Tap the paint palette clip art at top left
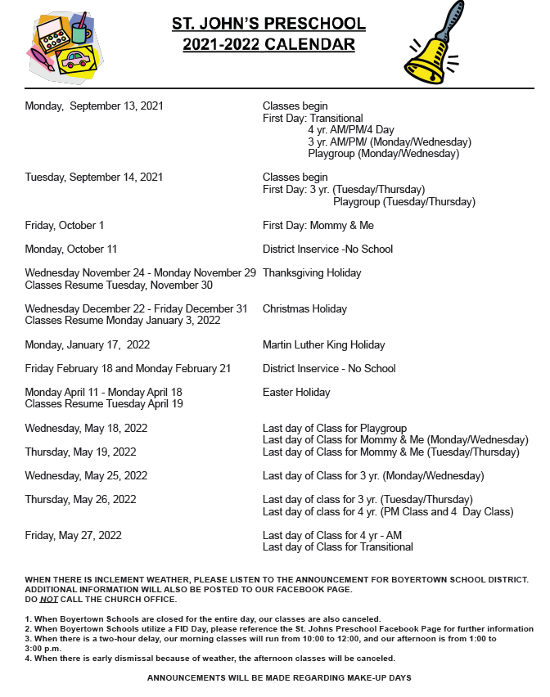[x=65, y=47]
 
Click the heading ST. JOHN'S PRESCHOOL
[x=268, y=25]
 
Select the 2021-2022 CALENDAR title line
[x=268, y=44]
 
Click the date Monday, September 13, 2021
[x=94, y=106]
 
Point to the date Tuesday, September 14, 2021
[x=94, y=177]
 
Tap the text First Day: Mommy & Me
[x=318, y=225]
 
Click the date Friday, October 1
[x=65, y=225]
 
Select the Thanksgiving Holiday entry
[x=312, y=272]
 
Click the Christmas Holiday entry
[x=304, y=308]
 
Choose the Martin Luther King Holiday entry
[x=323, y=344]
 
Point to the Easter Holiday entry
[x=296, y=392]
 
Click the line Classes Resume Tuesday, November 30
[x=119, y=285]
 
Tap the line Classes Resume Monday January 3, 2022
[x=123, y=321]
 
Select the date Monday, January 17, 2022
[x=88, y=344]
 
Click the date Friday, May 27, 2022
[x=74, y=535]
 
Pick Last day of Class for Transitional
[x=337, y=546]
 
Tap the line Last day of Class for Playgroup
[x=334, y=428]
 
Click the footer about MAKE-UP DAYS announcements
[x=279, y=677]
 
